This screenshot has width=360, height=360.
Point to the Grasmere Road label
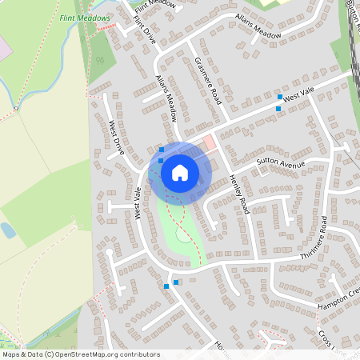pos(206,81)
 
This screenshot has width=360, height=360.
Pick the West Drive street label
pos(117,138)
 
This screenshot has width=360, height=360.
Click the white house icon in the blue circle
pos(180,172)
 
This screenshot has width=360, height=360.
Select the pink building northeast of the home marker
pos(210,144)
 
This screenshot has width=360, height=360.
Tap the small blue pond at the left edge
pos(7,231)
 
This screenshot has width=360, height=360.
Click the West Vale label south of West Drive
pos(138,202)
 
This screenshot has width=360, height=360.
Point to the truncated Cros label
pos(326,338)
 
